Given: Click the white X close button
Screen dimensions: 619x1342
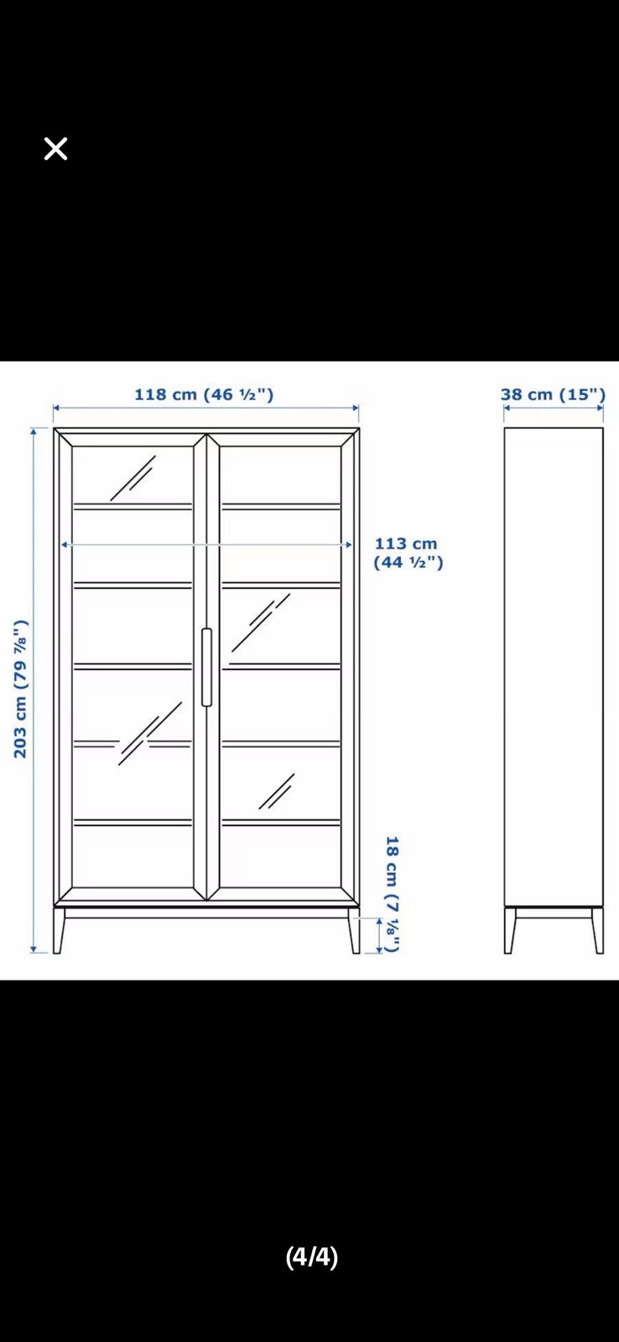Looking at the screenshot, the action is [x=55, y=148].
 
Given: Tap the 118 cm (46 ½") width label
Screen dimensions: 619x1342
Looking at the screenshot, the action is [x=204, y=394].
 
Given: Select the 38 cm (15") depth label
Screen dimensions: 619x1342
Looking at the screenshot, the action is [x=553, y=394].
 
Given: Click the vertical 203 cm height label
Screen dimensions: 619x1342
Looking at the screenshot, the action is [x=21, y=689].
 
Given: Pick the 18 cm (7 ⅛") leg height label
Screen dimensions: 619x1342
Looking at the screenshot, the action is [x=393, y=894].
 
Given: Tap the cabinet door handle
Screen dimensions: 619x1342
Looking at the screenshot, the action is [x=206, y=667].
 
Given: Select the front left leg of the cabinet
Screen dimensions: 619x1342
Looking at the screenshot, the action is [x=58, y=930].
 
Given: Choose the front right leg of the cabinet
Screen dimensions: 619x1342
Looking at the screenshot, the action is [x=354, y=930].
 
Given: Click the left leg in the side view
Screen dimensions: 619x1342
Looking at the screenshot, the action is [x=509, y=930].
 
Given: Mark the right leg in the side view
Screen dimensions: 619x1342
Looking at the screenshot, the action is [x=598, y=930].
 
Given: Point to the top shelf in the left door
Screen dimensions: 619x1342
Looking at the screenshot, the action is [x=133, y=507].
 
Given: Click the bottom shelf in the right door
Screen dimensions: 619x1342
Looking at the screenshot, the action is [x=280, y=823].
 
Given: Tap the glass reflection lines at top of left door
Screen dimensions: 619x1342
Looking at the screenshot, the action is [x=133, y=478].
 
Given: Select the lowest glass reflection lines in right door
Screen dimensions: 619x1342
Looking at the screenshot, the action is [x=276, y=791].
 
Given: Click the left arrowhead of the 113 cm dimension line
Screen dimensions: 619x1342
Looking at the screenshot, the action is [x=65, y=544].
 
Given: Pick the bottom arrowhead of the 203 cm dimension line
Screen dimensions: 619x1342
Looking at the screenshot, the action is [x=34, y=949].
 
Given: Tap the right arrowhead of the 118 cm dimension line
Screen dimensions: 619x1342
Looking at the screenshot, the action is [x=355, y=408].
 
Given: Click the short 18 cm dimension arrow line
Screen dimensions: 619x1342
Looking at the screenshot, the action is [x=379, y=935].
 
